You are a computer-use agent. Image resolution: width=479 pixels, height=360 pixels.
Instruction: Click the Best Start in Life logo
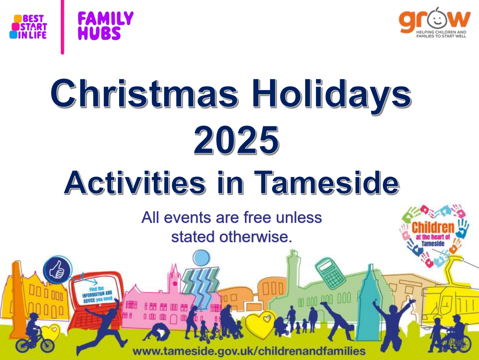[x=28, y=27]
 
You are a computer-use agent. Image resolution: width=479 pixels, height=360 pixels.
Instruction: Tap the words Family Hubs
[x=105, y=26]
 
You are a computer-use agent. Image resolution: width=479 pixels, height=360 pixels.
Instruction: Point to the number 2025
[x=236, y=140]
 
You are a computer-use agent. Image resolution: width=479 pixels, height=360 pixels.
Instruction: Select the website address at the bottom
[x=249, y=350]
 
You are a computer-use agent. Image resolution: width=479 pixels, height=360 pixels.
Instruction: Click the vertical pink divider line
[x=62, y=27]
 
